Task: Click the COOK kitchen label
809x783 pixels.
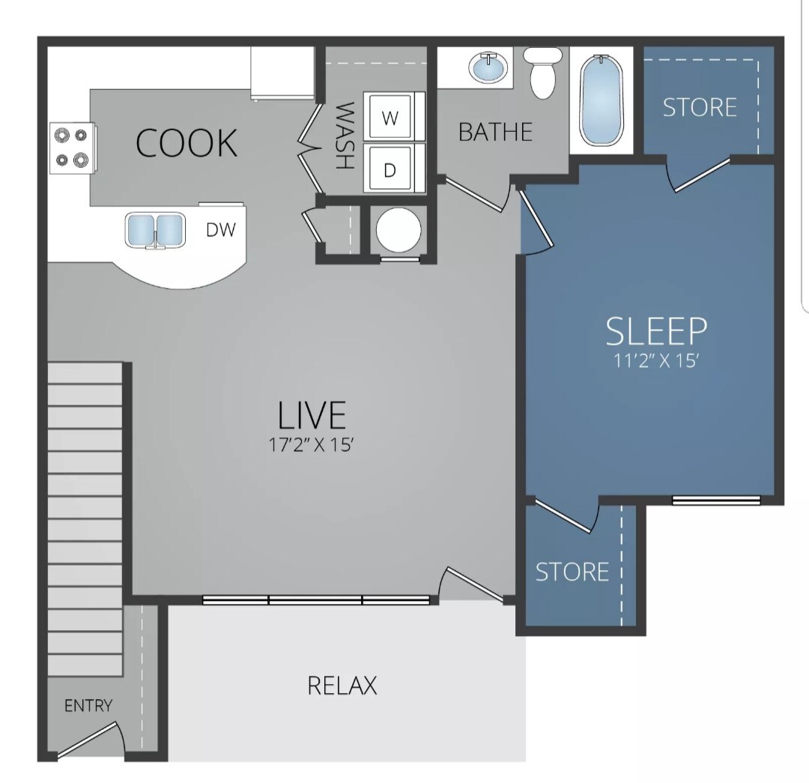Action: (187, 142)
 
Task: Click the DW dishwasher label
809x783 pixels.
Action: (221, 230)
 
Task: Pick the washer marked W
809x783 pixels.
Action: (390, 118)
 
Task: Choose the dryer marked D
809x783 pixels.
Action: (390, 169)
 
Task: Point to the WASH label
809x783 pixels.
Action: (344, 136)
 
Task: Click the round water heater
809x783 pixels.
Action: (399, 230)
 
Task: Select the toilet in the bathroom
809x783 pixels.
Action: (541, 73)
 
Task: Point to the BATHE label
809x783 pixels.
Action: (495, 133)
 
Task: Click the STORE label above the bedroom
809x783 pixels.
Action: (700, 107)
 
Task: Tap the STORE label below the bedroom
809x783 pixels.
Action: (572, 572)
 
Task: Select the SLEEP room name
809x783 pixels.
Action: (656, 330)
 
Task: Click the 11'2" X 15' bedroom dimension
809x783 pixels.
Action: (656, 361)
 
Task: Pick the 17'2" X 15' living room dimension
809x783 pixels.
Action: (311, 445)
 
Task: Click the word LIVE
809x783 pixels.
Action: (312, 415)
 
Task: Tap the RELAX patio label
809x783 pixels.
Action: (342, 685)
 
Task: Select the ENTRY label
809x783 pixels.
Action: (88, 705)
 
